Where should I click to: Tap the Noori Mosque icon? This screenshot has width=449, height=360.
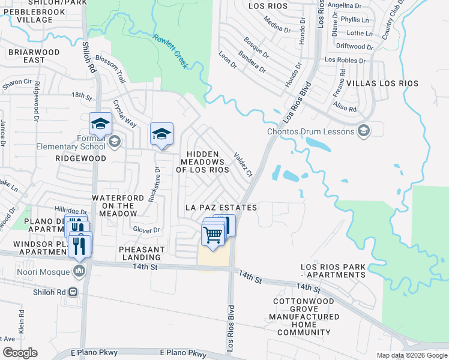click(x=79, y=272)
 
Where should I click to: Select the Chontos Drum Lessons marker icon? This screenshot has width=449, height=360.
click(x=363, y=130)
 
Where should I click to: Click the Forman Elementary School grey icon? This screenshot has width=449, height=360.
click(x=114, y=142)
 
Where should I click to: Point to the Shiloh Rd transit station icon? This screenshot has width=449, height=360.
click(x=73, y=292)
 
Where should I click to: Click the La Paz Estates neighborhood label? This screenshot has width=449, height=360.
click(x=221, y=208)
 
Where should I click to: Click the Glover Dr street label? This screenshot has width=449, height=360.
click(x=146, y=230)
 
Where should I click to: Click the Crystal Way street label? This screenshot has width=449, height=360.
click(x=125, y=114)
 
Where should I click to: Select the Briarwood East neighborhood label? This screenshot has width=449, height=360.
click(x=34, y=56)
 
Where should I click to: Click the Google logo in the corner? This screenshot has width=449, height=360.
click(x=20, y=353)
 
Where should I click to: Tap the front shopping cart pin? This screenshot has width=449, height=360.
click(x=213, y=235)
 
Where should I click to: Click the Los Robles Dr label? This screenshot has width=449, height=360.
click(x=345, y=61)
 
